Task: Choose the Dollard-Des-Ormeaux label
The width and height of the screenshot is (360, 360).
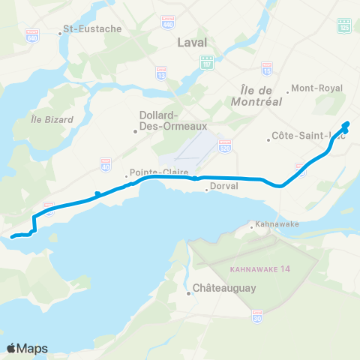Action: (x=158, y=120)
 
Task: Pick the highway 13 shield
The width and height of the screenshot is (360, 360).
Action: (x=160, y=73)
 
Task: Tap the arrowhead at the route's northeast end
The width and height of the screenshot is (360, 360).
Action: (x=346, y=124)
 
